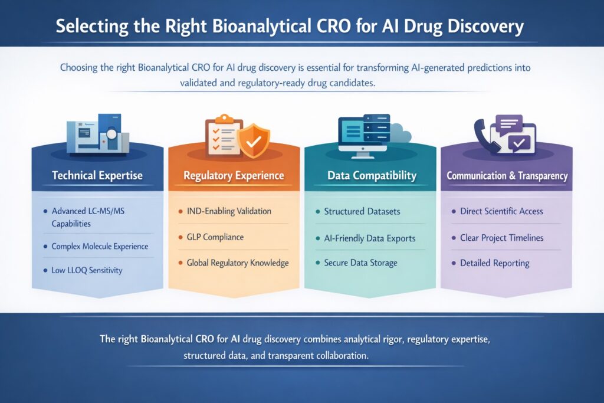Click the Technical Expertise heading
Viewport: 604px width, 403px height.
coord(97,175)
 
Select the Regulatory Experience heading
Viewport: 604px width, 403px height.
coord(234,175)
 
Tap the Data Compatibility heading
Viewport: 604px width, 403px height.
coord(372,175)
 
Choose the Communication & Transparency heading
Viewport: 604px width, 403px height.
coord(507,176)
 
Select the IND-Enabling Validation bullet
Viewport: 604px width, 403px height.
coord(229,211)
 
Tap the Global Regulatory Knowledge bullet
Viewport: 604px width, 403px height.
coord(237,263)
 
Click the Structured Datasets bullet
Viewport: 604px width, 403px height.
coord(362,211)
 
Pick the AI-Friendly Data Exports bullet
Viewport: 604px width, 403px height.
coord(370,238)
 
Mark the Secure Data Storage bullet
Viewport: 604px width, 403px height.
coord(360,263)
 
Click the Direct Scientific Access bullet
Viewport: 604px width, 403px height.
coord(501,211)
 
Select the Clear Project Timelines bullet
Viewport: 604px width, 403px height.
coord(501,238)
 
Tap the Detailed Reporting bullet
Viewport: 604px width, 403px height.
coord(494,263)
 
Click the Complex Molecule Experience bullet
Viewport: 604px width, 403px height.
coord(100,246)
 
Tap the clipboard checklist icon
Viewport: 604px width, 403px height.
coord(222,136)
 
